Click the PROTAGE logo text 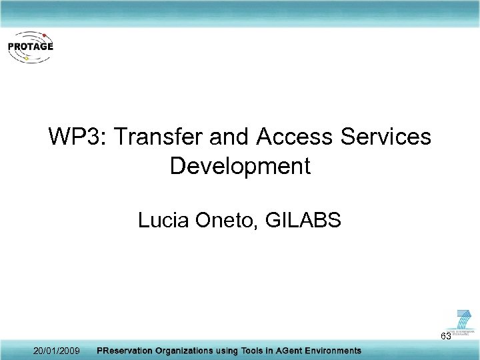tap(30, 47)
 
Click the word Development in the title tap(240, 166)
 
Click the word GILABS tap(303, 220)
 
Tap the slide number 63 tap(445, 336)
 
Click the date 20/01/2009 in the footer tap(57, 351)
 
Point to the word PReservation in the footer tap(127, 351)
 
